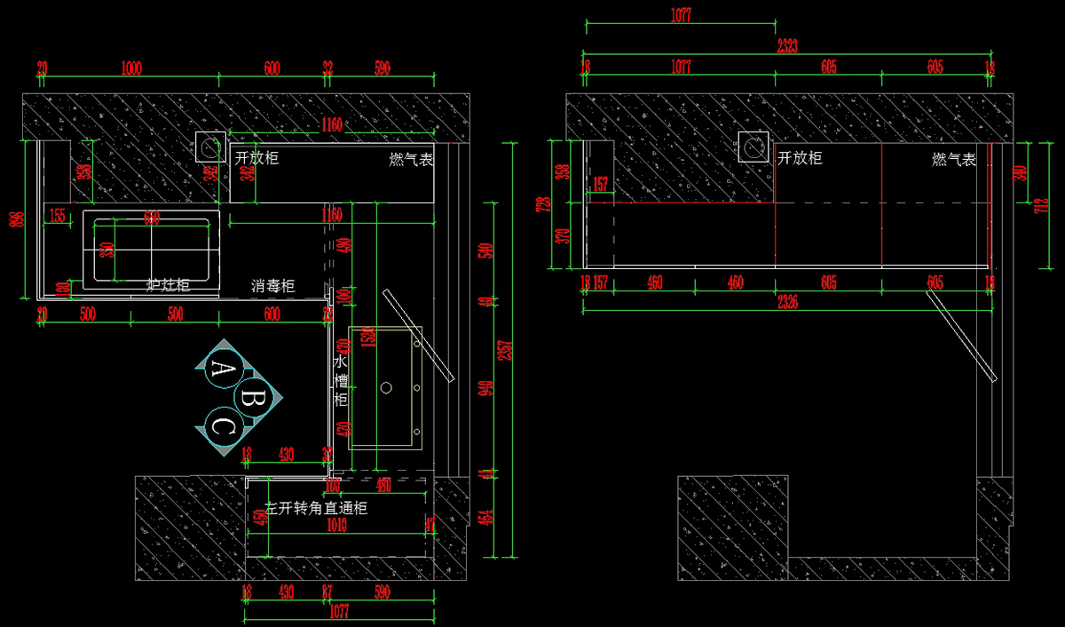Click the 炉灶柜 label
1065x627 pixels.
click(168, 286)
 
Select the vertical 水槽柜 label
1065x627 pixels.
click(340, 381)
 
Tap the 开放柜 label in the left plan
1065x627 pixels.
click(256, 158)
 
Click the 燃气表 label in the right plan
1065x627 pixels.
click(954, 160)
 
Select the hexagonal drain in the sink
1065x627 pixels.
click(387, 387)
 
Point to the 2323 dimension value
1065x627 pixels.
click(785, 45)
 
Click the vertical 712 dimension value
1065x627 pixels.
click(1032, 207)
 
